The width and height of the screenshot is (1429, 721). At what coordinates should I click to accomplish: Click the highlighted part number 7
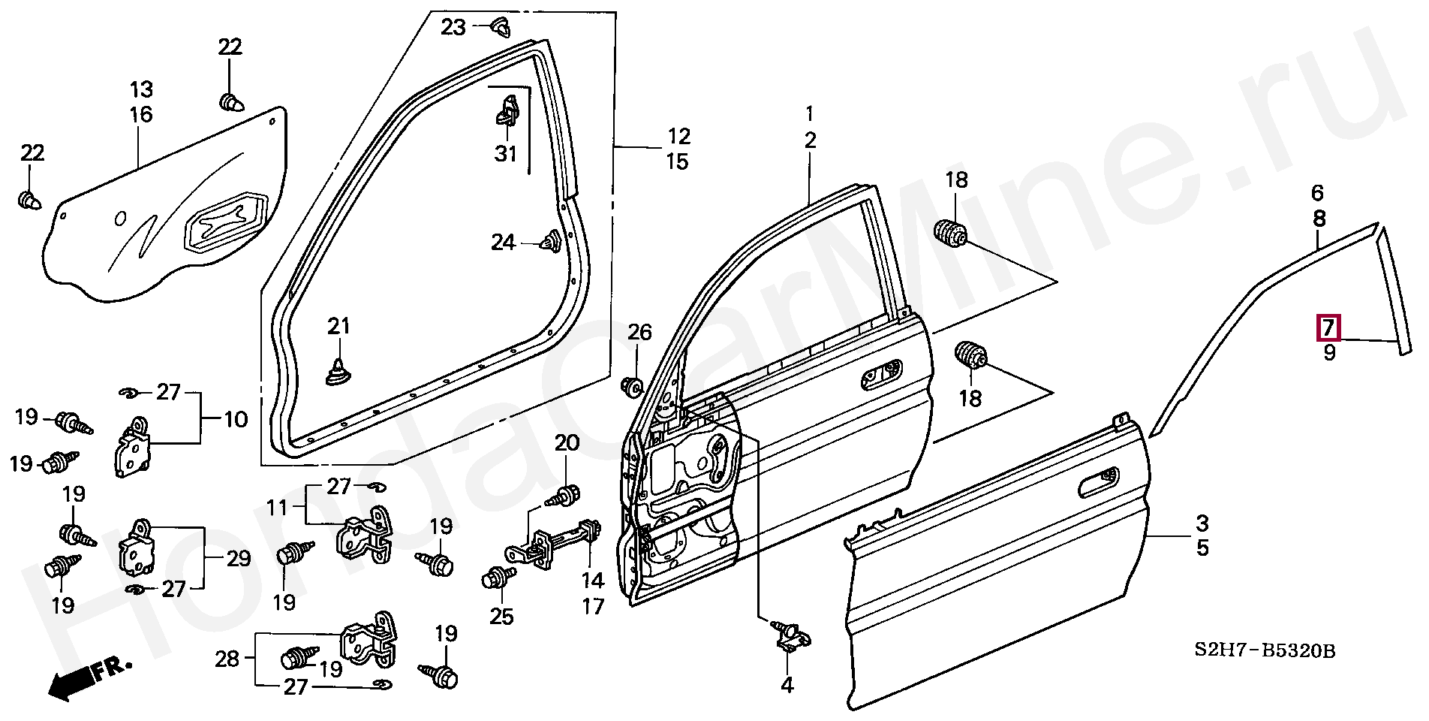1328,327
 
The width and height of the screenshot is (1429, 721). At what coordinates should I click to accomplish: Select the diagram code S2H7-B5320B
1265,650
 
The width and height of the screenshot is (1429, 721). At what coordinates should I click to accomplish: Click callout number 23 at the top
453,28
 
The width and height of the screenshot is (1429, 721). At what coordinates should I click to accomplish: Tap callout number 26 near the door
639,332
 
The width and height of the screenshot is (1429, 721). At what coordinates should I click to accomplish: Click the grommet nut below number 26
632,388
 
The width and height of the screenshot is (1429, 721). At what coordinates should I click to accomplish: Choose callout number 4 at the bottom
787,685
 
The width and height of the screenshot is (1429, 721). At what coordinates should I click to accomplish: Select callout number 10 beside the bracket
236,419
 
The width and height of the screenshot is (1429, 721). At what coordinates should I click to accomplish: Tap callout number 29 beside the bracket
239,558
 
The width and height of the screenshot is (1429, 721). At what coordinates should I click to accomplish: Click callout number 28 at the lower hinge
227,659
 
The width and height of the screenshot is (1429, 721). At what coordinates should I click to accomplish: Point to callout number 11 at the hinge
278,508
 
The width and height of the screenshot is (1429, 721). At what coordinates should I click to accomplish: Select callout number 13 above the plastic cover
141,89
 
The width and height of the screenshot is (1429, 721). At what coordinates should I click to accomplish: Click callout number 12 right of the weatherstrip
678,136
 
